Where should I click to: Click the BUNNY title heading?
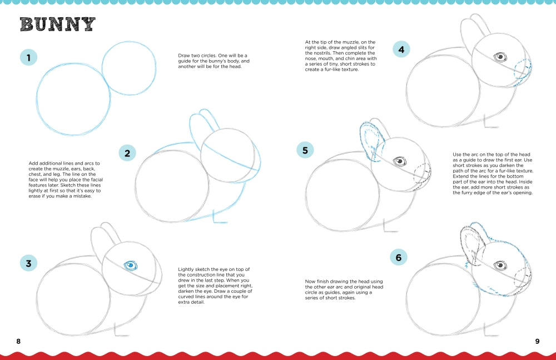tap(57, 24)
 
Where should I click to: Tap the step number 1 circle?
tap(28, 57)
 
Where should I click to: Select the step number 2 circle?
tap(127, 153)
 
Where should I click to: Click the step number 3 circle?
tap(28, 263)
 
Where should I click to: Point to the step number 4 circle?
tap(401, 50)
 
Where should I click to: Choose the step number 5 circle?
tap(305, 150)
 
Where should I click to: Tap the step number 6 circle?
tap(398, 257)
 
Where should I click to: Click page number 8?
tap(18, 341)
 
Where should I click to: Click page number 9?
tap(537, 341)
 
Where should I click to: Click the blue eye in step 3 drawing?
tap(131, 265)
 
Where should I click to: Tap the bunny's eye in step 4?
tap(500, 57)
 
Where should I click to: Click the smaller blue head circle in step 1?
tap(129, 69)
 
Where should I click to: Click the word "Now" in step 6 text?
tap(310, 282)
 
